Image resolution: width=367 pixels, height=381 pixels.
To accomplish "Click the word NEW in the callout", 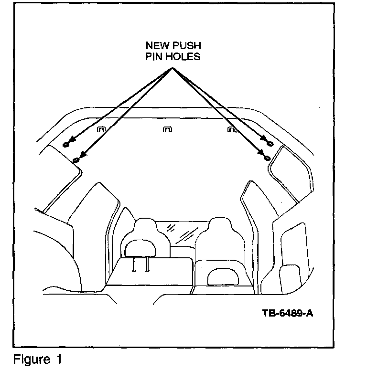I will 156,46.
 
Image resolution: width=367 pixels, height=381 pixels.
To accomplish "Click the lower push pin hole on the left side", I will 76,160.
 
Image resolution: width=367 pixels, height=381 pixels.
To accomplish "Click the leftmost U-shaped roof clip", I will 101,129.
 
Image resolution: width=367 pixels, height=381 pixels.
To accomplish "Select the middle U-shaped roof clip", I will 167,129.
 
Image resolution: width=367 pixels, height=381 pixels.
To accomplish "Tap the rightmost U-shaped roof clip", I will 232,129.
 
